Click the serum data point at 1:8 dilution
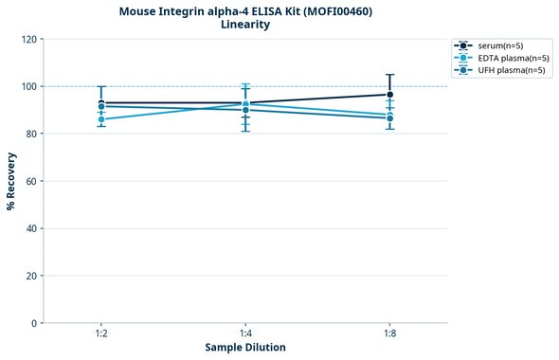(389, 95)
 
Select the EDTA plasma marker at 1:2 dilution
(101, 119)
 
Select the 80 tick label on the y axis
(31, 134)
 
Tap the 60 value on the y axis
(31, 181)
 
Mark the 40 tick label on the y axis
(31, 228)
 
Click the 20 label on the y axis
(31, 276)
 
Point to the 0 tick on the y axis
(34, 323)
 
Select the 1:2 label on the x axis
(101, 333)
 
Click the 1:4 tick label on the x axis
(245, 333)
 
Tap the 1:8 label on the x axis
(389, 333)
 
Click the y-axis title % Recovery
(11, 180)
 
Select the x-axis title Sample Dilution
(245, 348)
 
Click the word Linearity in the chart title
(245, 25)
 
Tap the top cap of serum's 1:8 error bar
(389, 75)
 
